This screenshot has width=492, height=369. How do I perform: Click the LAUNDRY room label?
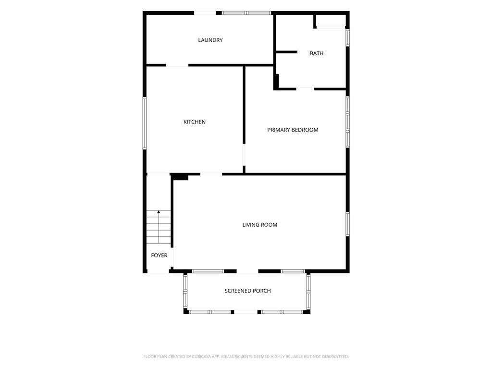pos(210,40)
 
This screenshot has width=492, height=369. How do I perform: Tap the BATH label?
pos(316,53)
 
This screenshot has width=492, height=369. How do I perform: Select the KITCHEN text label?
pos(195,122)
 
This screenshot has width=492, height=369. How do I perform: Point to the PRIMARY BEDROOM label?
pos(293,130)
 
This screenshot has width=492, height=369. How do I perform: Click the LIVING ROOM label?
pos(260,225)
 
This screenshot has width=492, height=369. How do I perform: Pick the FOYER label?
pos(159,256)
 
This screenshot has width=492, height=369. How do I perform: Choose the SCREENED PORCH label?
pos(247,291)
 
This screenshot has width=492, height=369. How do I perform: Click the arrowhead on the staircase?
pos(159,212)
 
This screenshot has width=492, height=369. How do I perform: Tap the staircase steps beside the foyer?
pos(159,227)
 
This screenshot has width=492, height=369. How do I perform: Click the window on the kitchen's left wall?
pos(145,123)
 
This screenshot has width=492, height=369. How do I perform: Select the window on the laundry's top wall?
pos(246,13)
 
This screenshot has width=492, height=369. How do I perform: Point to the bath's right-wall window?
pos(348,37)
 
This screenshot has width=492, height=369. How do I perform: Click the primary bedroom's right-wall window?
pos(348,122)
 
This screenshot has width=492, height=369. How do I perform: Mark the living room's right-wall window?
pos(348,224)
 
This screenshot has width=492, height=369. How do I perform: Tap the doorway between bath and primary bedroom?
pos(305,89)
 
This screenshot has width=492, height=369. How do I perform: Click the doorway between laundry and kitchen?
pos(177,65)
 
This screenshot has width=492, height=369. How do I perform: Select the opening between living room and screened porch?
pos(247,271)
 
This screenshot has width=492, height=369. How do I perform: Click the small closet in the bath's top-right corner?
pos(331,21)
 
